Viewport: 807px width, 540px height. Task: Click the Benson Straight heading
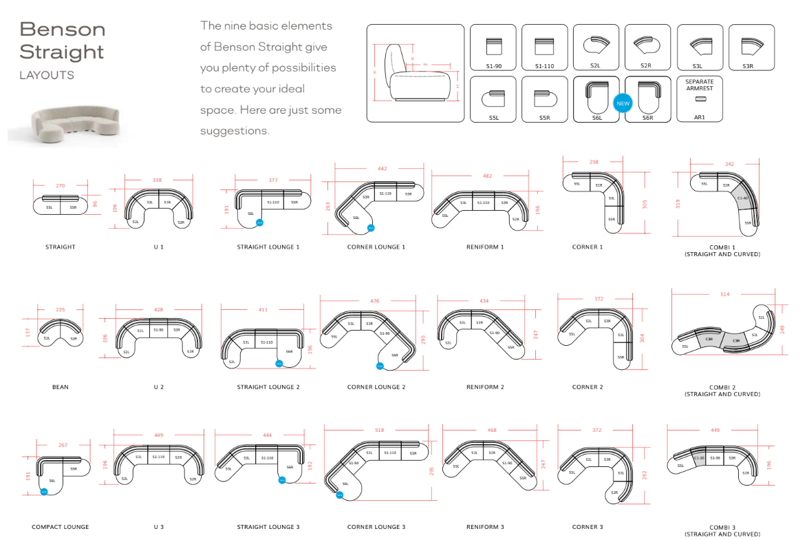point(62,40)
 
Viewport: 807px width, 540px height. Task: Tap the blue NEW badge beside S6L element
point(622,104)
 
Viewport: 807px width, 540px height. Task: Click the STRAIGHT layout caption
point(61,247)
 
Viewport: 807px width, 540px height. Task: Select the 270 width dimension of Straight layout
point(61,185)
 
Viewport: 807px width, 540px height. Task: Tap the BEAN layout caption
point(61,387)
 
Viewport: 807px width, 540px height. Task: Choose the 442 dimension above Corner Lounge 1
point(383,168)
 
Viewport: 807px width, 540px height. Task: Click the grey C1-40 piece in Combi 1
point(742,198)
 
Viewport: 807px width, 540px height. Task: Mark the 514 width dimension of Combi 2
point(724,295)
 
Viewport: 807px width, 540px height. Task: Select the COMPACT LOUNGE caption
point(61,527)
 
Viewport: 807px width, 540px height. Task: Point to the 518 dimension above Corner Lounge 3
point(380,430)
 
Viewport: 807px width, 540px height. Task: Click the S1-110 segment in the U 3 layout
point(158,457)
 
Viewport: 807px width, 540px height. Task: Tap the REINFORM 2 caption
point(485,387)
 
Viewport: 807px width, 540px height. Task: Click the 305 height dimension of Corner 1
point(645,204)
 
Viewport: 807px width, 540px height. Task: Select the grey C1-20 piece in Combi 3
point(699,458)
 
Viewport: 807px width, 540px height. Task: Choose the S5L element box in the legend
point(493,99)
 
